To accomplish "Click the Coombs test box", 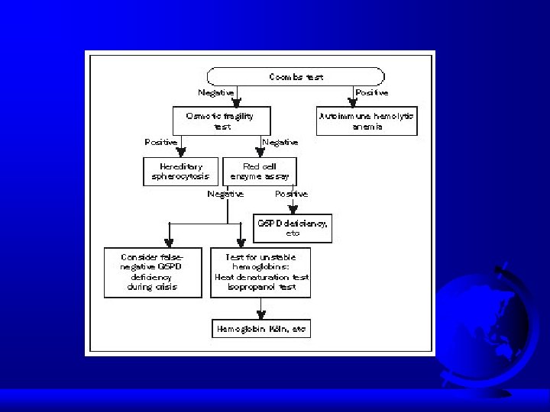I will [x=295, y=76].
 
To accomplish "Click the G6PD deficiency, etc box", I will [x=293, y=227].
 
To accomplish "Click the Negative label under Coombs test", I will [x=216, y=93].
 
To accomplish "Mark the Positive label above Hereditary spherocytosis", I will [x=160, y=143].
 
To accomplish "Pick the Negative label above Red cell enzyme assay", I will [x=280, y=143].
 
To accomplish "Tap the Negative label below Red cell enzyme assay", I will [x=225, y=194].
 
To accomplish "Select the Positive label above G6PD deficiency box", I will [x=291, y=194].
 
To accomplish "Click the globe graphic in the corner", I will [x=489, y=320].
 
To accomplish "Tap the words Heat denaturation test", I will [x=261, y=278].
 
